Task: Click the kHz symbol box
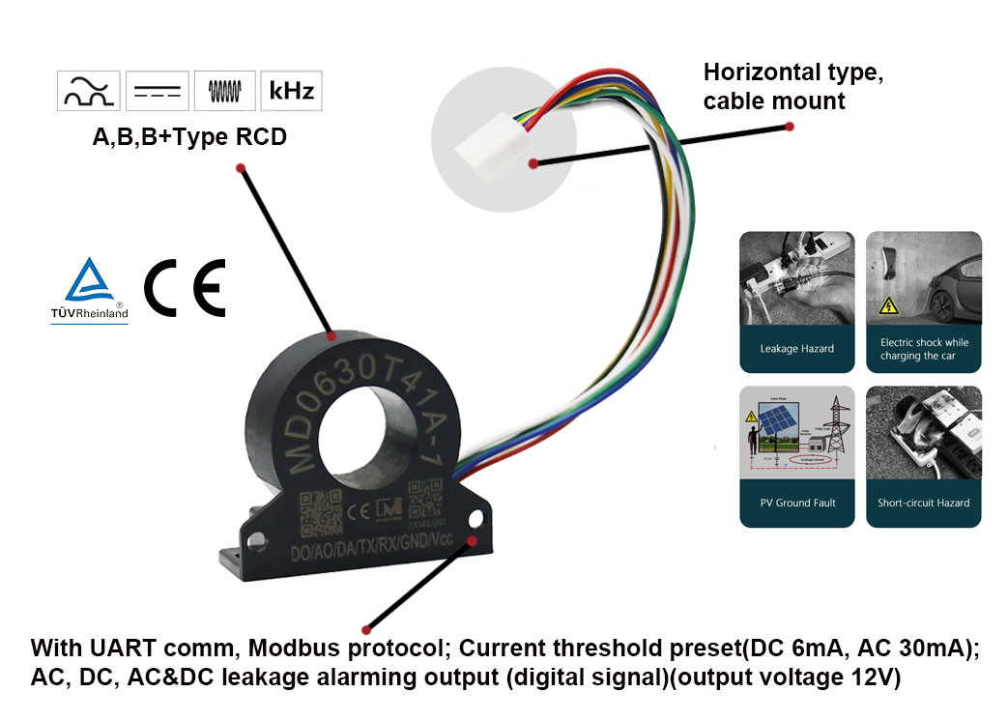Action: coord(291,91)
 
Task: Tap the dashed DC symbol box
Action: coord(158,92)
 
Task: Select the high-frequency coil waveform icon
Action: coord(224,92)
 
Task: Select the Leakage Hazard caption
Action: coord(796,349)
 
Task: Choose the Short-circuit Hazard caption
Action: coord(923,503)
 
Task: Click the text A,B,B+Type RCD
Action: coord(189,137)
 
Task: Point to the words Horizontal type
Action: coord(793,72)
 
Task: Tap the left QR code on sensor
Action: coord(320,511)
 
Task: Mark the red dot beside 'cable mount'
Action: coord(790,127)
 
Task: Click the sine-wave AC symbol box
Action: coord(91,92)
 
